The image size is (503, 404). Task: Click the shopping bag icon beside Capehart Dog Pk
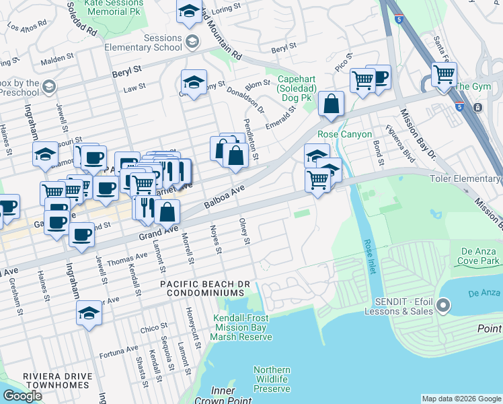331,104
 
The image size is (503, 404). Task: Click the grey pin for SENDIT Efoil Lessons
442,306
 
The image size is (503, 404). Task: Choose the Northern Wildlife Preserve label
272,379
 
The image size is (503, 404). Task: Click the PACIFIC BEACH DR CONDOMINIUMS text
202,290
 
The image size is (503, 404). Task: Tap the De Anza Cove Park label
479,255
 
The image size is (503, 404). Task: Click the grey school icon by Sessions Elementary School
192,42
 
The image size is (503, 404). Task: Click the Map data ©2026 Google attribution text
461,399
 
